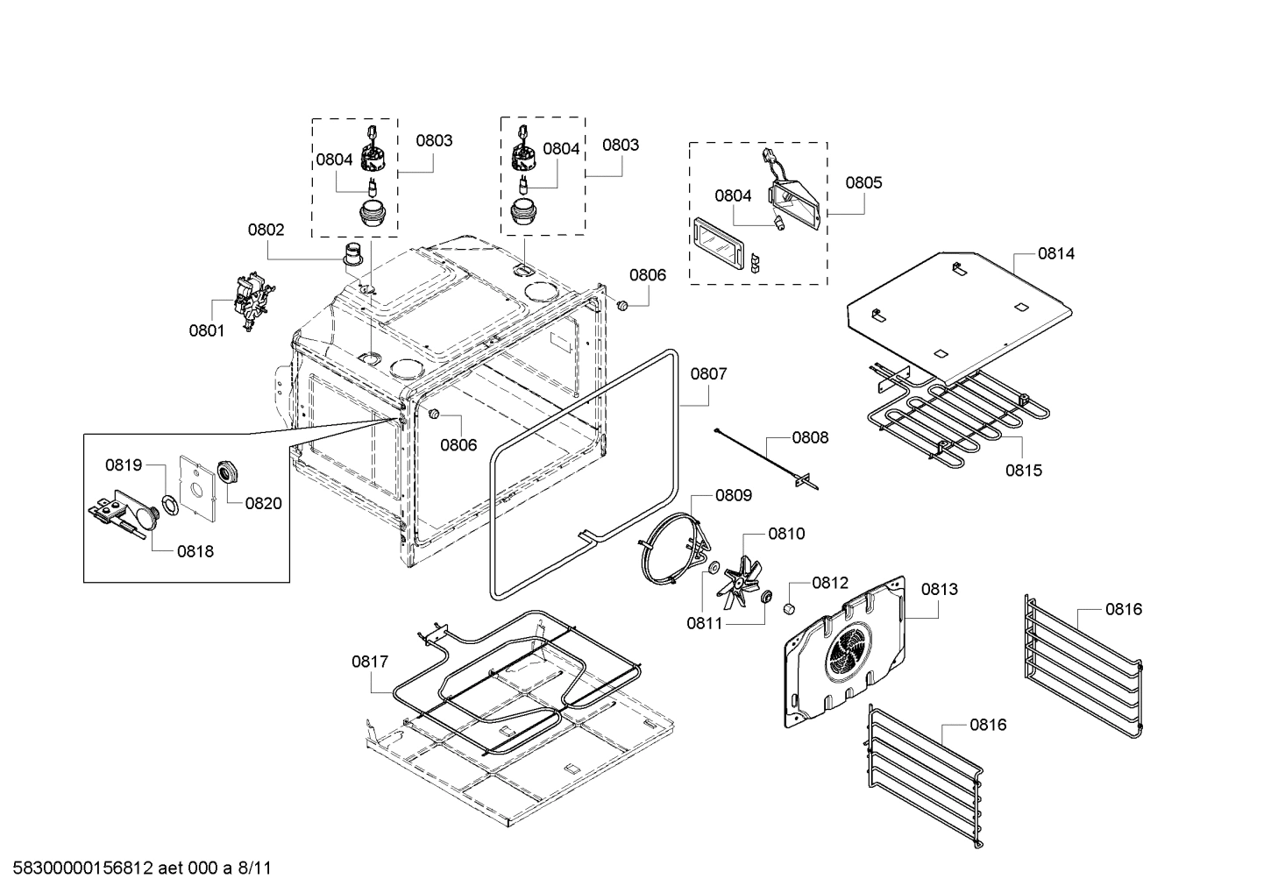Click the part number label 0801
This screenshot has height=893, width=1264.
[206, 330]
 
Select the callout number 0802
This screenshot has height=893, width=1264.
[266, 230]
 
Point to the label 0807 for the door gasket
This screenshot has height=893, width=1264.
[708, 373]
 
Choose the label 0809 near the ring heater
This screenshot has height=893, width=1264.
[733, 495]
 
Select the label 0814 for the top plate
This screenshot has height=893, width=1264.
[1055, 253]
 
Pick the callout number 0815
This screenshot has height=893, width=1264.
[1023, 470]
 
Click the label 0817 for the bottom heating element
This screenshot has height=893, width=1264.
[370, 662]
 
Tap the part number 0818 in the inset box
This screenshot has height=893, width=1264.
[195, 551]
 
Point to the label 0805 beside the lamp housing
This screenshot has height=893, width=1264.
[863, 182]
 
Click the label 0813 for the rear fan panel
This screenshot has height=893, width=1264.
[939, 589]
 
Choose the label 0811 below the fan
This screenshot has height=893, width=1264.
[704, 623]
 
